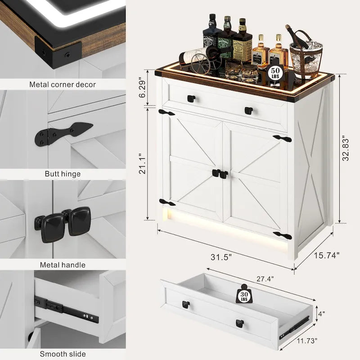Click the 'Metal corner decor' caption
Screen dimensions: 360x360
pos(63,84)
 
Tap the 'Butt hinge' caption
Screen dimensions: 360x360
pos(63,174)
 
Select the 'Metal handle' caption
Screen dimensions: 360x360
pos(63,265)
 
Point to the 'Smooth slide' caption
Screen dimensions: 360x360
pos(63,354)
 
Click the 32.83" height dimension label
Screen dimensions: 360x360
pos(346,148)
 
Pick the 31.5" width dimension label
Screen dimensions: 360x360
pos(221,257)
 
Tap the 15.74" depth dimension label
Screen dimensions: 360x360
pos(325,255)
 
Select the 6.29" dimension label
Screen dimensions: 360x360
pos(144,89)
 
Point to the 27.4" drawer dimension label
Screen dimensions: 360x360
pos(265,279)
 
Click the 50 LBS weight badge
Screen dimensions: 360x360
pos(274,72)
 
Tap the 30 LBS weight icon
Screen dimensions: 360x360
pos(244,295)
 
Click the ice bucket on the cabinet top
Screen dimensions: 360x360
pos(306,58)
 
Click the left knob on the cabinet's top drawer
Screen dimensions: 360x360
pos(191,99)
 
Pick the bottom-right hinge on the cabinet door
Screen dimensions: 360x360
pos(282,236)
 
